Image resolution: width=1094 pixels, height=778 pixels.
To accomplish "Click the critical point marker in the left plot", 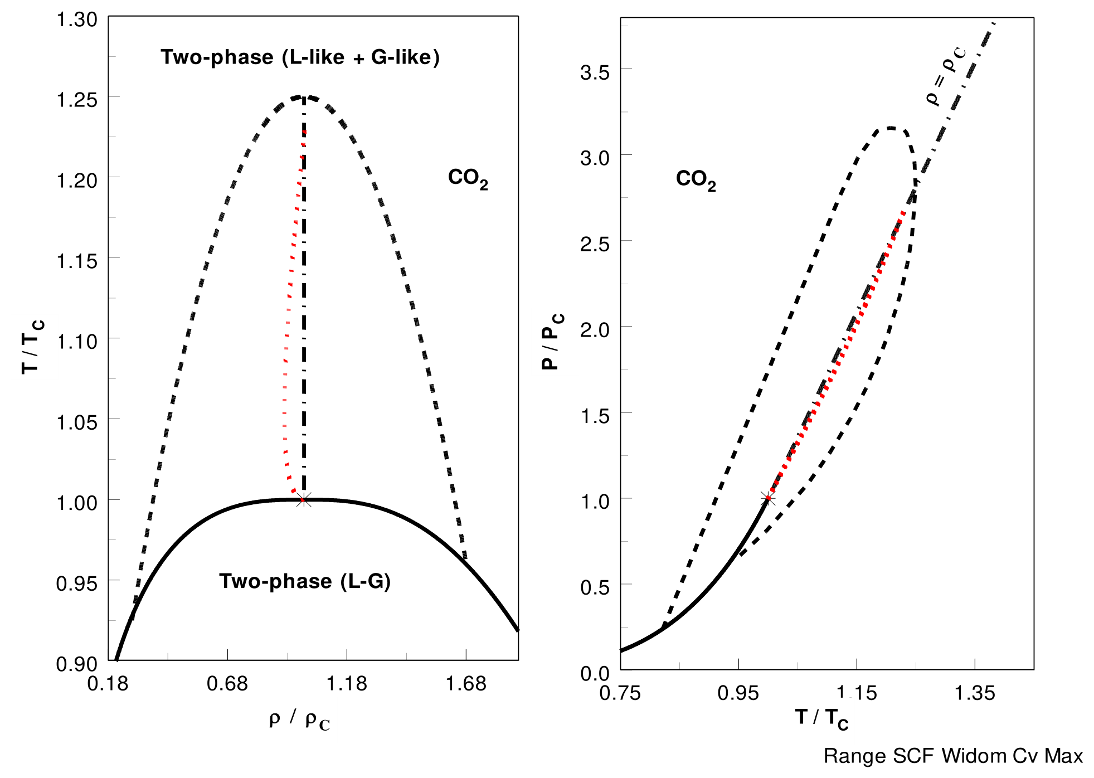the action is [303, 499].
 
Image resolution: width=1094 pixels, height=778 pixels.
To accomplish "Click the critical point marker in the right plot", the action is [767, 498].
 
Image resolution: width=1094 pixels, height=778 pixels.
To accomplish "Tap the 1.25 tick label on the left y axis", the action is [77, 100].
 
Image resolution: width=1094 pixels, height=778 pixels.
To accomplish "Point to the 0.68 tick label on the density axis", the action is [227, 683].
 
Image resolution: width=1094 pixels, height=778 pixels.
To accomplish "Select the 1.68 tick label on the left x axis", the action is [466, 683].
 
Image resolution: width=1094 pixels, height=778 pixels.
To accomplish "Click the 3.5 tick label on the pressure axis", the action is [595, 72].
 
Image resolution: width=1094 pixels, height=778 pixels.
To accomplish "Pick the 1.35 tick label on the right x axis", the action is [975, 693].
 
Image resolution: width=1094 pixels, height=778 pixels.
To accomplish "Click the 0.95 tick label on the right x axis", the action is [738, 693].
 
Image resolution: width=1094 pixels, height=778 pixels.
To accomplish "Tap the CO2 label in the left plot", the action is [468, 178].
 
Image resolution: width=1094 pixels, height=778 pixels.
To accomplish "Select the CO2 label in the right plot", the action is [696, 179].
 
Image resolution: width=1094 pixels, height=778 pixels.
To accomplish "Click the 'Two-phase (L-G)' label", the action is [305, 581].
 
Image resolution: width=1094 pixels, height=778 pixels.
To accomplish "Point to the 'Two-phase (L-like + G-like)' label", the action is [300, 57].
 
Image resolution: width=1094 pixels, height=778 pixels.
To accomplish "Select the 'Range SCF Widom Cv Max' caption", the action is [954, 756].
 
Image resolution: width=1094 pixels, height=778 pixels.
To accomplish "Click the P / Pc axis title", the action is [552, 341].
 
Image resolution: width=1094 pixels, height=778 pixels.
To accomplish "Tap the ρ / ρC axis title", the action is [300, 719].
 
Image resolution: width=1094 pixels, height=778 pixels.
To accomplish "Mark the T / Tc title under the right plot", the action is [822, 718].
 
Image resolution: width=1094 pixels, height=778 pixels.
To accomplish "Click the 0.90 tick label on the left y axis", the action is [77, 664].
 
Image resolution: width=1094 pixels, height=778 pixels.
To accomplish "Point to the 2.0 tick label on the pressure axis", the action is [595, 329].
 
